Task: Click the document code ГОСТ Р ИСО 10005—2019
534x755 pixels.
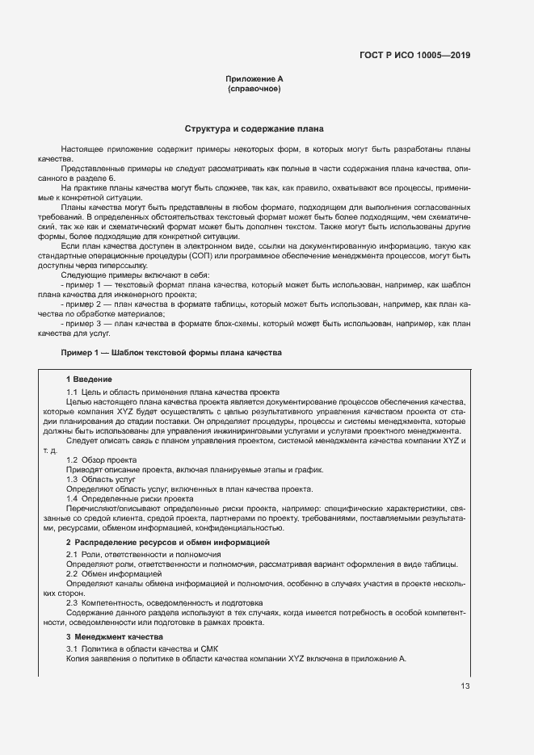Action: point(414,56)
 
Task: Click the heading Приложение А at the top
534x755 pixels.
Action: point(254,78)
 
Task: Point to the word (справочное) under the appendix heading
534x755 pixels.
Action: point(254,89)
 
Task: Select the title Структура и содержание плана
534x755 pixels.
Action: point(254,129)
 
